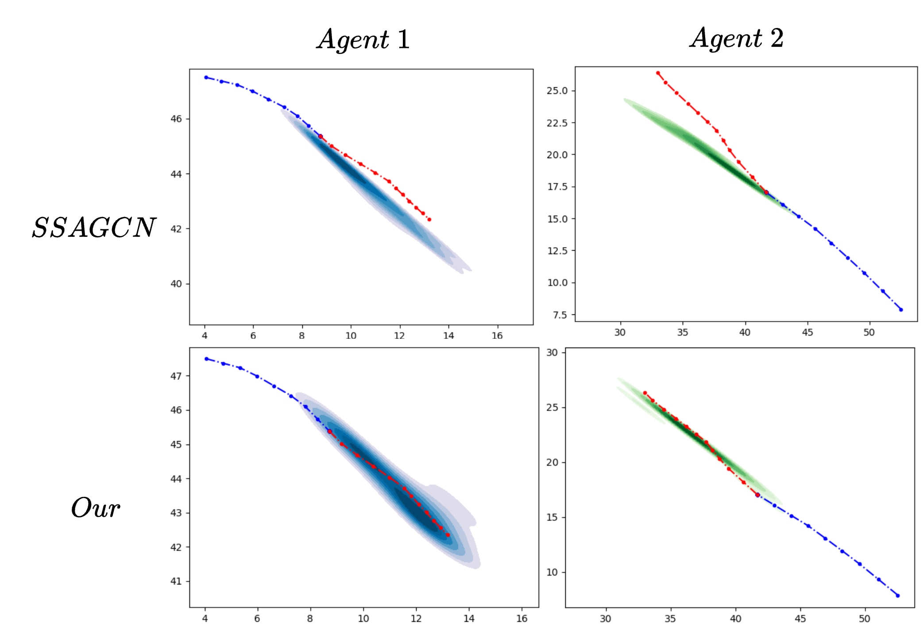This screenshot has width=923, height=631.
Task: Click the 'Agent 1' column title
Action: point(363,39)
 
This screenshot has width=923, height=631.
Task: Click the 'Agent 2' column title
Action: point(737,38)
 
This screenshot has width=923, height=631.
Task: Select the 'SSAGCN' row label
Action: point(94,228)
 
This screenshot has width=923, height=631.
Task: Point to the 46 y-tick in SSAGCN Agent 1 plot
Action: point(176,119)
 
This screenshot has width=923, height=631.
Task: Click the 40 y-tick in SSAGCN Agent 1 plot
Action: point(176,284)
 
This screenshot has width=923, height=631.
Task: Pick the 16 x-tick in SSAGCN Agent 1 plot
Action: point(497,336)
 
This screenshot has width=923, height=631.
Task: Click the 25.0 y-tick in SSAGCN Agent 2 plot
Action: point(557,91)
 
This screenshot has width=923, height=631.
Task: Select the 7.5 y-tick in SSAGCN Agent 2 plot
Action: point(560,315)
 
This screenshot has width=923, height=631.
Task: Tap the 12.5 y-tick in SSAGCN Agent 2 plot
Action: point(557,251)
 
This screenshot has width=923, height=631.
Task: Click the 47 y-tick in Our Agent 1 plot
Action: point(176,376)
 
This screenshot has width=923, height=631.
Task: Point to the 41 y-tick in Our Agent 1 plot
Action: point(176,581)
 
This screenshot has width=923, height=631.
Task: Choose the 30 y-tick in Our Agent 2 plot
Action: point(552,352)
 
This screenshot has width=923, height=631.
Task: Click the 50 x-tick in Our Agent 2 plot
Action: point(865,619)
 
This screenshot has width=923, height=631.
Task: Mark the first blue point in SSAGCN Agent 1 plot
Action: point(206,77)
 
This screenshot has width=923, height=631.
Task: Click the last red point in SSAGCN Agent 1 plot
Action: point(429,220)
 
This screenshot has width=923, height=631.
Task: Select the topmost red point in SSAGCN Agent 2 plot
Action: point(658,73)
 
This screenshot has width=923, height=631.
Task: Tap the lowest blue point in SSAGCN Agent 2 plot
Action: point(901,310)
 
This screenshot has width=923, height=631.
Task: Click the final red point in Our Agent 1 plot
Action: point(448,535)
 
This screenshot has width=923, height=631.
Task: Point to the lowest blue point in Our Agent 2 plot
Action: point(898,596)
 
